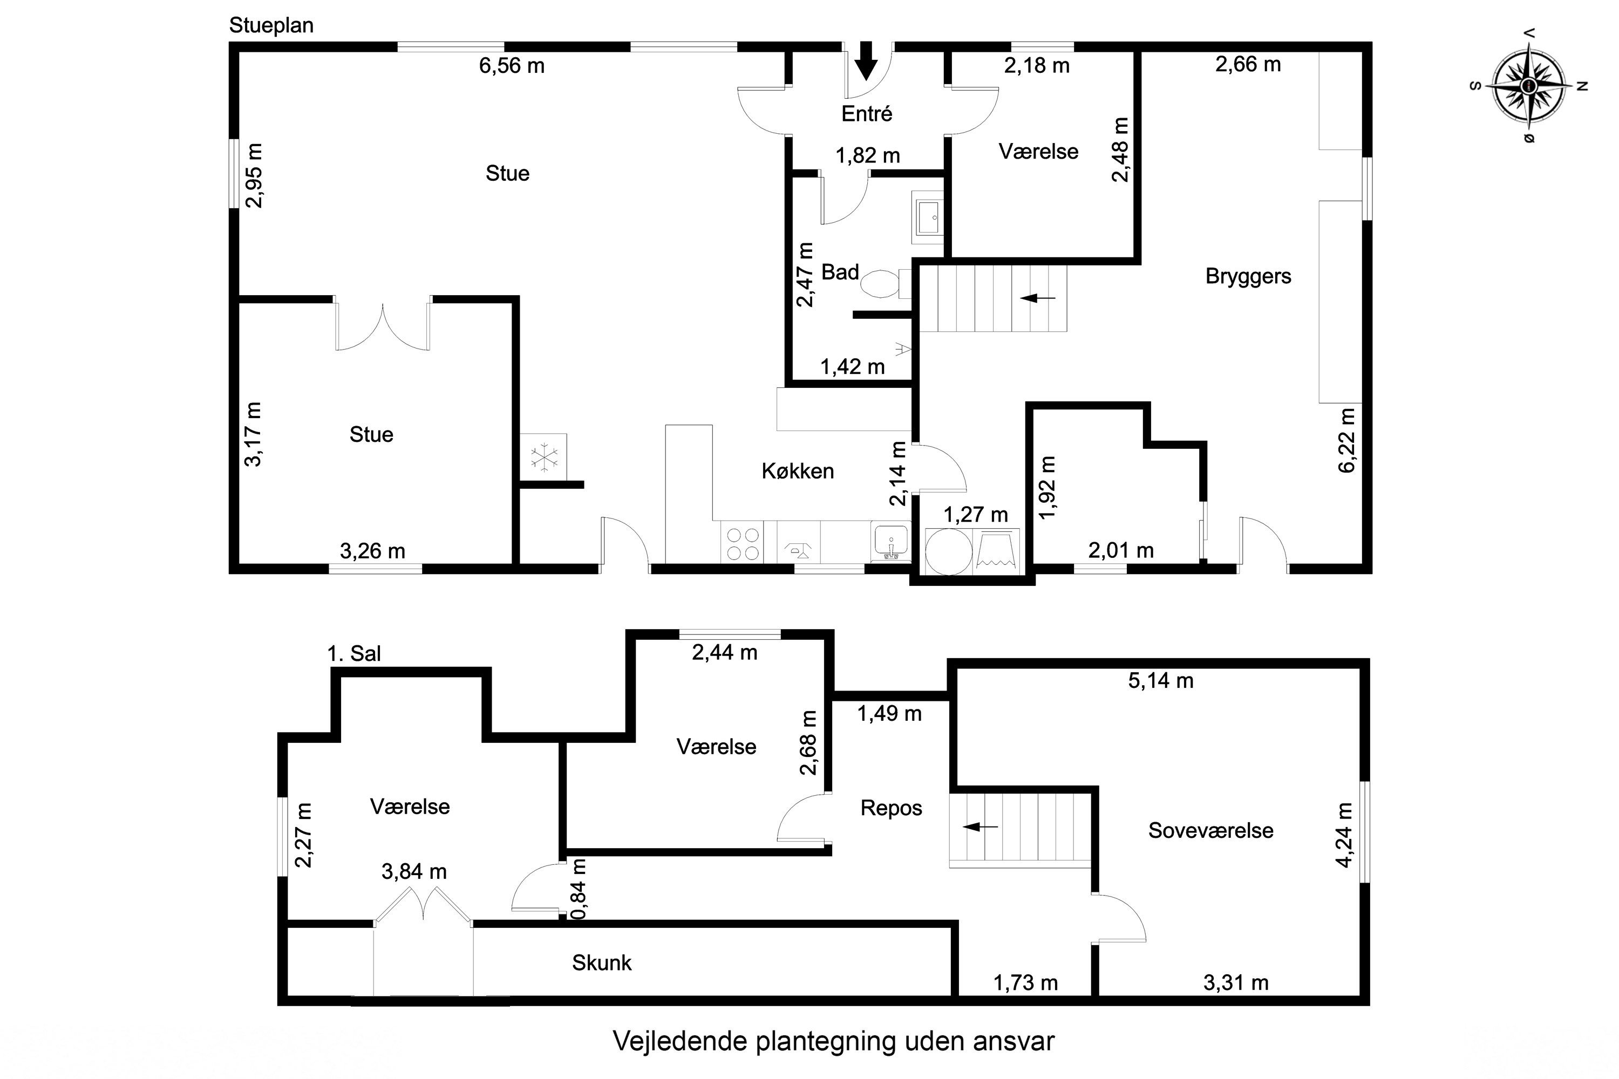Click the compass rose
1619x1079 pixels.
coord(1528,86)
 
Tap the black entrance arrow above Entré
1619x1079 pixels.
coord(867,60)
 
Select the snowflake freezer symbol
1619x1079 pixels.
coord(544,457)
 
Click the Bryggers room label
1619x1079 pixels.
coord(1248,276)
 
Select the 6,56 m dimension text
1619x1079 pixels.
coord(512,66)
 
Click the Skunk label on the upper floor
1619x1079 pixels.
coord(601,962)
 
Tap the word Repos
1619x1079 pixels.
coord(891,808)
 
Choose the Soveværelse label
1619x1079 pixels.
coord(1210,831)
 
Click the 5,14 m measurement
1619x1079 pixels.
coord(1161,680)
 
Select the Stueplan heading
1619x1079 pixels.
coord(271,25)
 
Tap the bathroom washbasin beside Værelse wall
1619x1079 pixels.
coord(928,217)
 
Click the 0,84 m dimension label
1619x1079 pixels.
coord(579,889)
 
